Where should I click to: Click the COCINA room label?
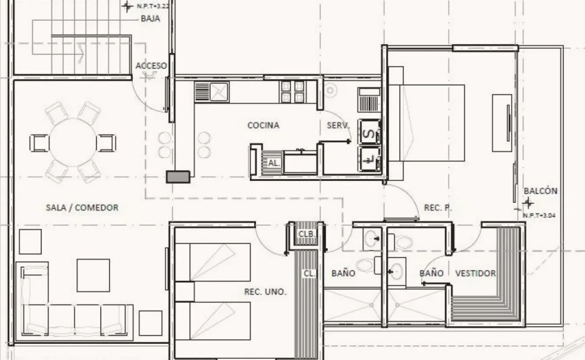[x=263, y=126]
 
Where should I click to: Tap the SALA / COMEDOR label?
[x=82, y=208]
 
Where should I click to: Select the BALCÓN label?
[x=540, y=191]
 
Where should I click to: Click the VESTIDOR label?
[x=475, y=273]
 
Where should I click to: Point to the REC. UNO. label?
[x=265, y=292]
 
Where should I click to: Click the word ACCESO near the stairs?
[x=151, y=66]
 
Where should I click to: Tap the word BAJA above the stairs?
[x=150, y=18]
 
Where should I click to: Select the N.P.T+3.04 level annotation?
[x=539, y=216]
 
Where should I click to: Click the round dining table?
[x=73, y=142]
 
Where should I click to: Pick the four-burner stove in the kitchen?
[x=292, y=92]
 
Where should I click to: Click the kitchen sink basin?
[x=220, y=92]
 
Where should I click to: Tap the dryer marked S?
[x=370, y=132]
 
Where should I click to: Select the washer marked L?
[x=370, y=159]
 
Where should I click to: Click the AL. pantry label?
[x=274, y=163]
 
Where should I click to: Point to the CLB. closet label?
[x=307, y=234]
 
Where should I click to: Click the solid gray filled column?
[x=178, y=177]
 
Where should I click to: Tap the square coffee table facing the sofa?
[x=93, y=275]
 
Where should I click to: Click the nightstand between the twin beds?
[x=184, y=292]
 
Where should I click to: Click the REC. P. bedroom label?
[x=438, y=208]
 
